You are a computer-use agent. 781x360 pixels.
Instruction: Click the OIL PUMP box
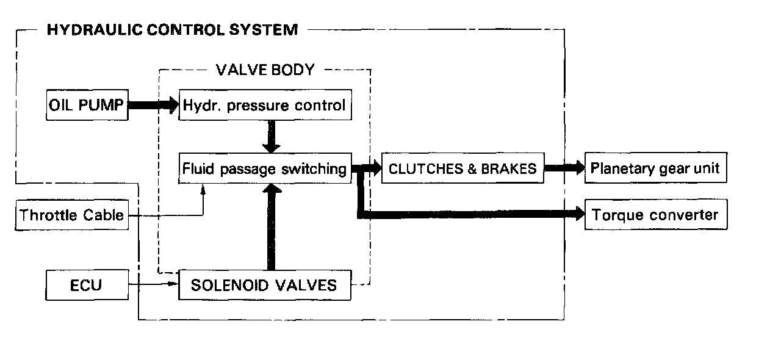tap(87, 106)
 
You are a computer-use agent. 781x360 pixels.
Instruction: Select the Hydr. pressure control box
tap(265, 106)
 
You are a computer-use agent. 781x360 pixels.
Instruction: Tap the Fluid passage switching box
tap(265, 168)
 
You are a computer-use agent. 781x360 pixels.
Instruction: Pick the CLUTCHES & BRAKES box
tap(462, 168)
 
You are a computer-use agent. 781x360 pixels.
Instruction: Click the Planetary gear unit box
tap(656, 168)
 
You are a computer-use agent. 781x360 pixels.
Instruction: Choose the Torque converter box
tap(656, 215)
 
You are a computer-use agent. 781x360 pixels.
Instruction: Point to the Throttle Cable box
tap(72, 215)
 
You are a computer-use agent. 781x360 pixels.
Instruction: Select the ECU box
tap(87, 285)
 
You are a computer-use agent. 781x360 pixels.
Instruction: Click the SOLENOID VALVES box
tap(265, 285)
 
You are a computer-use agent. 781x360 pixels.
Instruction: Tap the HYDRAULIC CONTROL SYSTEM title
tap(173, 29)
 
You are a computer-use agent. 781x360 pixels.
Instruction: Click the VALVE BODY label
tap(265, 70)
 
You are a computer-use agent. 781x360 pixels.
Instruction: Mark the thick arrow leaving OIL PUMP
tap(153, 106)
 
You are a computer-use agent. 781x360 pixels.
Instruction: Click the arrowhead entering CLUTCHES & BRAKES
tap(373, 168)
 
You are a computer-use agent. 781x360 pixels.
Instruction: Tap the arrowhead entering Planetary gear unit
tap(577, 168)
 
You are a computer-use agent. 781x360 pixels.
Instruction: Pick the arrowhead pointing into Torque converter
tap(577, 214)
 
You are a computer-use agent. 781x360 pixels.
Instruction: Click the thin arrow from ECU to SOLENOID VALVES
tap(153, 284)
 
